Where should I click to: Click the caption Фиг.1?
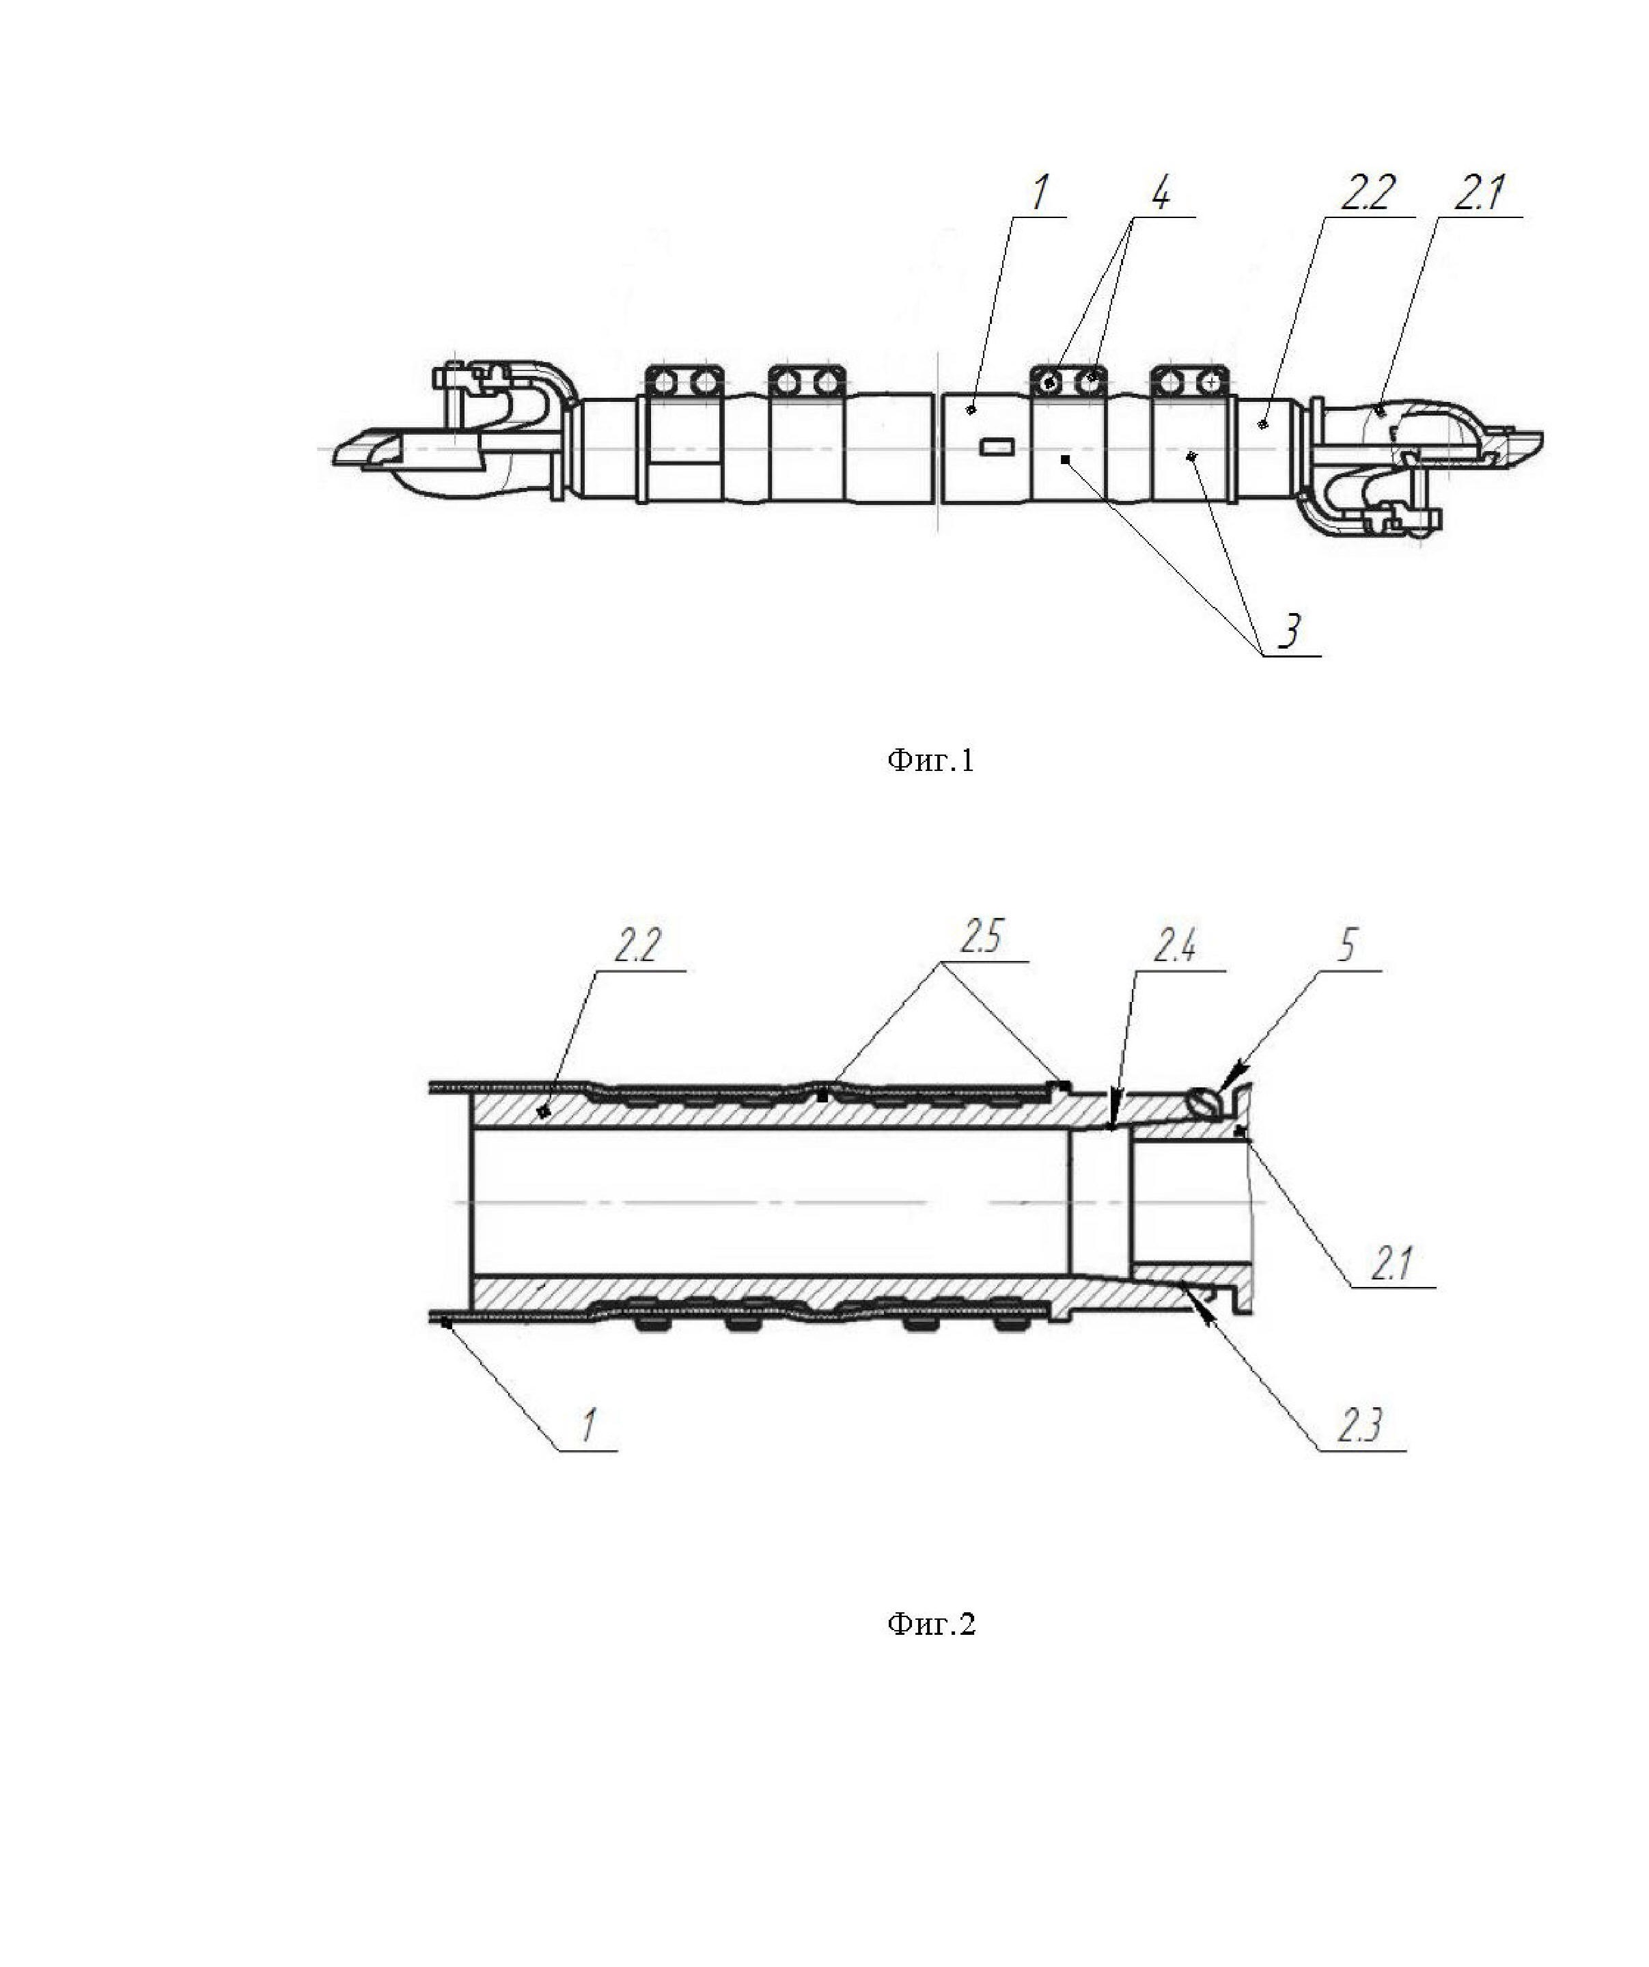click(x=930, y=759)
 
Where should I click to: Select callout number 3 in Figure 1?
click(x=1290, y=632)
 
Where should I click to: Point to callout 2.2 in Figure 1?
click(x=1367, y=194)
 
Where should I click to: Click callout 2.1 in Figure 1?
click(x=1479, y=194)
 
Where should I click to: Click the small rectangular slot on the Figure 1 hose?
click(x=997, y=448)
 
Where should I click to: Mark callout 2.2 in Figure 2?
click(x=638, y=946)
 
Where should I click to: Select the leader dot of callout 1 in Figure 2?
click(x=447, y=1322)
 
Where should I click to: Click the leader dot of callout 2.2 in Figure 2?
click(x=543, y=1110)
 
